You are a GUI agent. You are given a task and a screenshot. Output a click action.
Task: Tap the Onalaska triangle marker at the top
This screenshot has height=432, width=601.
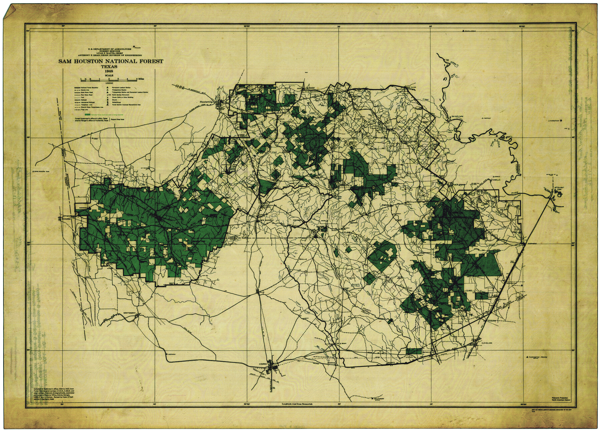pyautogui.click(x=463, y=31)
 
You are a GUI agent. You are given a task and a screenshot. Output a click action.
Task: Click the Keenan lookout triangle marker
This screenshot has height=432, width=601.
pyautogui.click(x=166, y=354)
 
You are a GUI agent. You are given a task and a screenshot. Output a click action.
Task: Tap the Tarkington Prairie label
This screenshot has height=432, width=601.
pyautogui.click(x=537, y=357)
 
